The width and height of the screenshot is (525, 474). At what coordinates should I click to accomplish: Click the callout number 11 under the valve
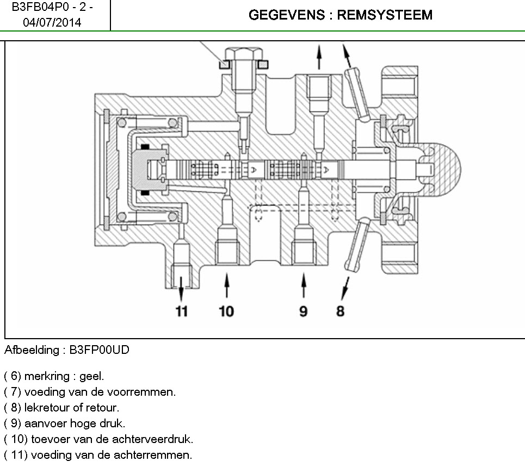pos(181,311)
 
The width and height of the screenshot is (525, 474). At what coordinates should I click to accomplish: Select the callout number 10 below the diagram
pos(226,311)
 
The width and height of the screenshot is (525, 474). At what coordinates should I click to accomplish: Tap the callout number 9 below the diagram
pos(303,311)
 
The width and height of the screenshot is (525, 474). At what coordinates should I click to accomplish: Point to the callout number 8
pos(341,311)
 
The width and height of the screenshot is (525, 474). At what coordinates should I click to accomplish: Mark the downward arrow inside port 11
pos(181,283)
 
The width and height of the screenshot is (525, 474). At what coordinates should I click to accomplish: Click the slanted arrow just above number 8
pos(345,286)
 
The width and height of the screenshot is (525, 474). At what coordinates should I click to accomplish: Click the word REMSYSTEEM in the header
pos(385,15)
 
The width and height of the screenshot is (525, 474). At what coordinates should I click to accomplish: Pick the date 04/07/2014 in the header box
pos(52,23)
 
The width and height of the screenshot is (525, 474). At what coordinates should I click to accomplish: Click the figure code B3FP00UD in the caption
pos(99,350)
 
